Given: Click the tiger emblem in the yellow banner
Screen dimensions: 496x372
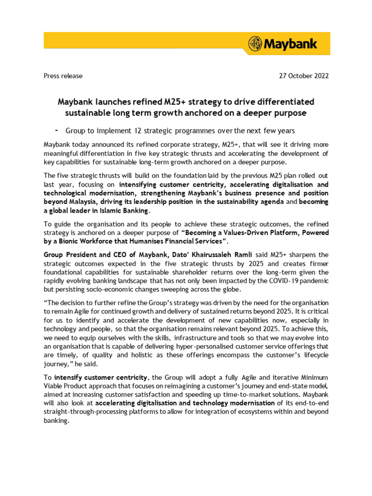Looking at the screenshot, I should point(255,44).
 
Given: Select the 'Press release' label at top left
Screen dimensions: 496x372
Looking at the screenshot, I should point(63,76).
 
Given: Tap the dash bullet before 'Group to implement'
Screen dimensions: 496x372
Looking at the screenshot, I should point(57,130).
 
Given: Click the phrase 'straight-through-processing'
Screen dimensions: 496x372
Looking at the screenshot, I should point(86,412).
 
